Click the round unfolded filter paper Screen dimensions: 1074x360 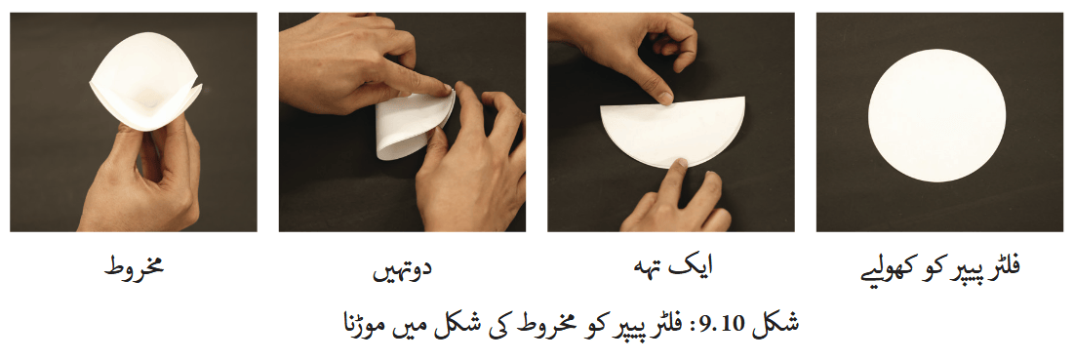click(936, 115)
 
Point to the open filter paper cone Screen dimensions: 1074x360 click(146, 86)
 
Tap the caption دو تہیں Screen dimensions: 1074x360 click(402, 269)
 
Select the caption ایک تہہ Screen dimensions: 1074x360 click(670, 267)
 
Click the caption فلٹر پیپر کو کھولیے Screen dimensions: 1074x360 click(939, 268)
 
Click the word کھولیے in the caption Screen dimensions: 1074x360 click(885, 269)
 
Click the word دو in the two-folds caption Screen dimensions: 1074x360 click(423, 267)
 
